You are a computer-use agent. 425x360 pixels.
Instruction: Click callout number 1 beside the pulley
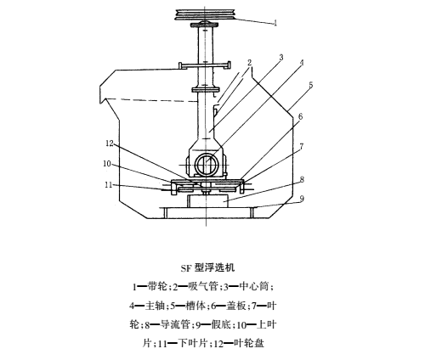pos(275,23)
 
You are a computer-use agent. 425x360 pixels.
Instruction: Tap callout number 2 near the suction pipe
pos(249,63)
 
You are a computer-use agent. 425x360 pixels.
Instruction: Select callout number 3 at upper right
pos(281,58)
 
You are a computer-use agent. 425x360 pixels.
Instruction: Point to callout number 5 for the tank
pos(311,85)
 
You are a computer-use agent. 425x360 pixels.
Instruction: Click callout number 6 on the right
pos(301,116)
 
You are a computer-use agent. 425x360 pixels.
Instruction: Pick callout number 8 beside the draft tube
pos(303,179)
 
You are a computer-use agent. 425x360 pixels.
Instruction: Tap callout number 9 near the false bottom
pos(302,199)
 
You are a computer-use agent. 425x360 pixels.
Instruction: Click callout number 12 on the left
pos(110,143)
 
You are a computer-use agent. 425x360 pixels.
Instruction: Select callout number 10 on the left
pos(107,164)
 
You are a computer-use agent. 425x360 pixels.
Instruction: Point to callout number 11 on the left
pos(109,185)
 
